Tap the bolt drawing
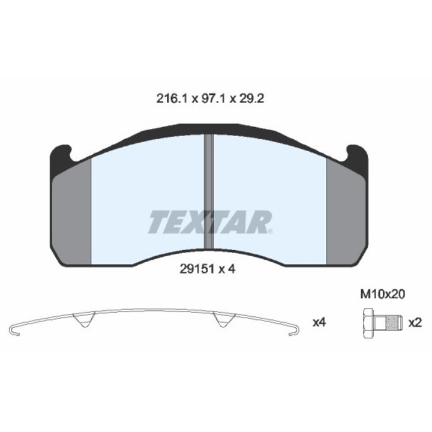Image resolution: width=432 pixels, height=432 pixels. tap(380, 323)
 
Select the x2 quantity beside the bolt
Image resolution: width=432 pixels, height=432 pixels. tap(415, 323)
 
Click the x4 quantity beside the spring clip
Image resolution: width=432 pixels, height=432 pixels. tap(319, 323)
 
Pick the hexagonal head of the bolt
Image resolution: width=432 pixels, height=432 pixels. tap(368, 323)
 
